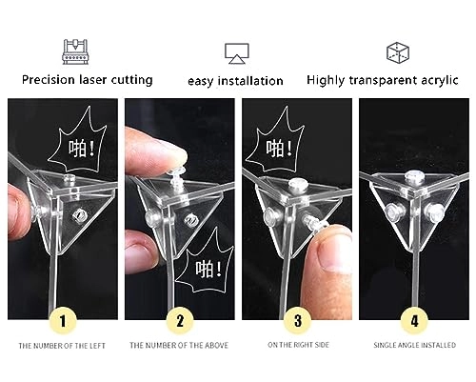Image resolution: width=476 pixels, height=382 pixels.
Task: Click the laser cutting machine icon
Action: pyautogui.click(x=75, y=51)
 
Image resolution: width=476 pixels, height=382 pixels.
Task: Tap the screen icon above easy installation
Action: pyautogui.click(x=237, y=53)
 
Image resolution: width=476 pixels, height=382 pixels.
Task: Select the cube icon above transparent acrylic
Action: pyautogui.click(x=398, y=52)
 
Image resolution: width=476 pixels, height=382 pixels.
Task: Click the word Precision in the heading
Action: pyautogui.click(x=49, y=79)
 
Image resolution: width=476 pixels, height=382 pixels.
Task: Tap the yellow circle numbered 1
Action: pyautogui.click(x=63, y=321)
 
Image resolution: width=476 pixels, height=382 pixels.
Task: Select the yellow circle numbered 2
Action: pyautogui.click(x=180, y=321)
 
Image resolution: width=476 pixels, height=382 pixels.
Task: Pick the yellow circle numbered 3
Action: pyautogui.click(x=297, y=321)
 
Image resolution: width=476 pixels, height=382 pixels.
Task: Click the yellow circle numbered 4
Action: pyautogui.click(x=414, y=321)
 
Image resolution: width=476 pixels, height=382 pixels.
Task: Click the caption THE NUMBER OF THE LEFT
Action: pyautogui.click(x=62, y=346)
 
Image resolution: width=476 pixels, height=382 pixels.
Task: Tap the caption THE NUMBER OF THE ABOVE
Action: pyautogui.click(x=179, y=345)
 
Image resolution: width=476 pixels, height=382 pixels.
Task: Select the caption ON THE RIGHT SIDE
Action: pyautogui.click(x=298, y=345)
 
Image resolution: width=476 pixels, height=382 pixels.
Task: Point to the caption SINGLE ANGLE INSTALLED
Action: pyautogui.click(x=414, y=345)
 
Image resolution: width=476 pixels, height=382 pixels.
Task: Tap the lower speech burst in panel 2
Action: pyautogui.click(x=203, y=264)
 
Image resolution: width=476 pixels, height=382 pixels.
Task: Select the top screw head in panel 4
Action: pyautogui.click(x=414, y=176)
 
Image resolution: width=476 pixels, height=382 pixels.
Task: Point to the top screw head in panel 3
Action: pyautogui.click(x=297, y=184)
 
